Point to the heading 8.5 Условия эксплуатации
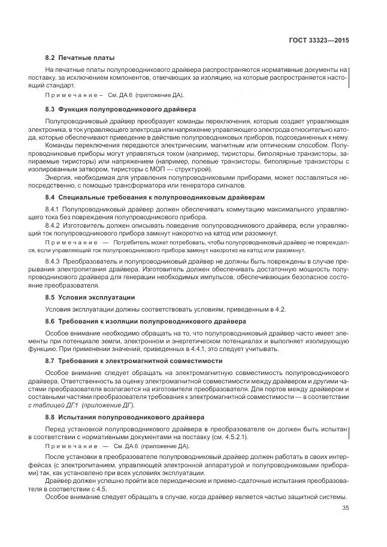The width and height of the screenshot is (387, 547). click(90, 297)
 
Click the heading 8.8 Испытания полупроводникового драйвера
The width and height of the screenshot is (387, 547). click(116, 416)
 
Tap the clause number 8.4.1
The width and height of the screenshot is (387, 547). click(55, 208)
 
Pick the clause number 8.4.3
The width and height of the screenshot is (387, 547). click(55, 261)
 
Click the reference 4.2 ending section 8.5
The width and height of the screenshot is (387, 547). click(280, 309)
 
